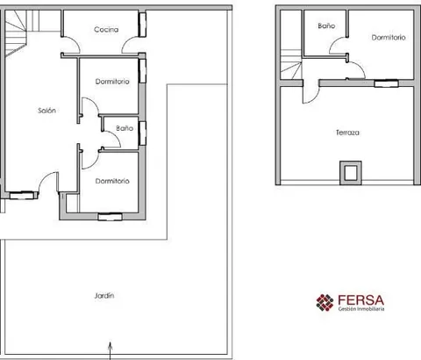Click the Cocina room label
pos(106,30)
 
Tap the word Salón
pos(46,111)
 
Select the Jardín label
pos(104,296)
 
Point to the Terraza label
pos(347,133)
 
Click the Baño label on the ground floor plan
pos(125,128)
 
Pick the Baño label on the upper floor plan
pos(326,25)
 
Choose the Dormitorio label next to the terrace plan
pos(389,38)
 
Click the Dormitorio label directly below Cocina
pos(112,82)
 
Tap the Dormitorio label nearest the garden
pos(112,181)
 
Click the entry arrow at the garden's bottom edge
pos(111,350)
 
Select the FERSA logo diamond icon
pos(325,303)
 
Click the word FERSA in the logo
pos(360,300)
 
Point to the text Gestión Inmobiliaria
pos(361,309)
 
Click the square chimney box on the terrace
pos(351,173)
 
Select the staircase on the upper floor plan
pos(291,64)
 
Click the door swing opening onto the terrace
pos(310,94)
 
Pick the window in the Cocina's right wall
pos(142,25)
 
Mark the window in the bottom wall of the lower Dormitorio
pos(110,217)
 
